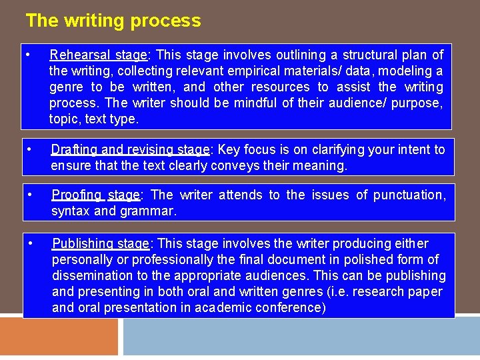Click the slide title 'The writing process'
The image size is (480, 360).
coord(113,21)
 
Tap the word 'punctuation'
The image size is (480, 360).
coord(409,195)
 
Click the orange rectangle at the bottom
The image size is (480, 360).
coord(59,337)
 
